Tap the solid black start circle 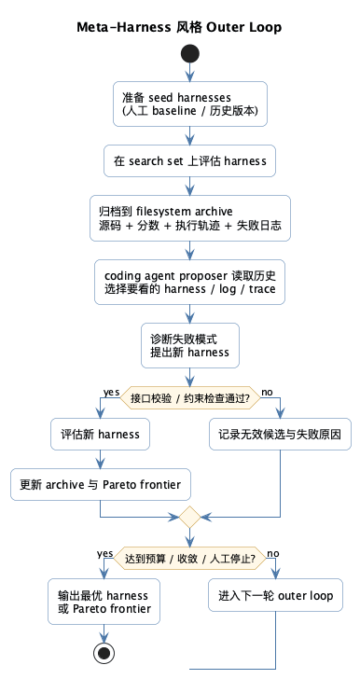[190, 53]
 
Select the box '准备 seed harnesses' [190, 104]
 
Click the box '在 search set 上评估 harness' [190, 161]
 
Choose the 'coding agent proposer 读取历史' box [190, 282]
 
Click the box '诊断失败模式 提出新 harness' [190, 346]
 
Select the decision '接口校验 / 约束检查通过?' [190, 396]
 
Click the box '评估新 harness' [100, 434]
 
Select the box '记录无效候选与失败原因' [280, 434]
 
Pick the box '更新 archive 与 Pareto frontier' [100, 484]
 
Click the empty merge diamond [190, 516]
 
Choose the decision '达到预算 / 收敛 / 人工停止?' [190, 559]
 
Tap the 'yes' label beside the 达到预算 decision [105, 553]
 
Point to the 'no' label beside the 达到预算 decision [273, 553]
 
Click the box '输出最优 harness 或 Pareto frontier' [100, 603]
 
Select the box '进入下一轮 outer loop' [276, 596]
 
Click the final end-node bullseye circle [100, 652]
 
